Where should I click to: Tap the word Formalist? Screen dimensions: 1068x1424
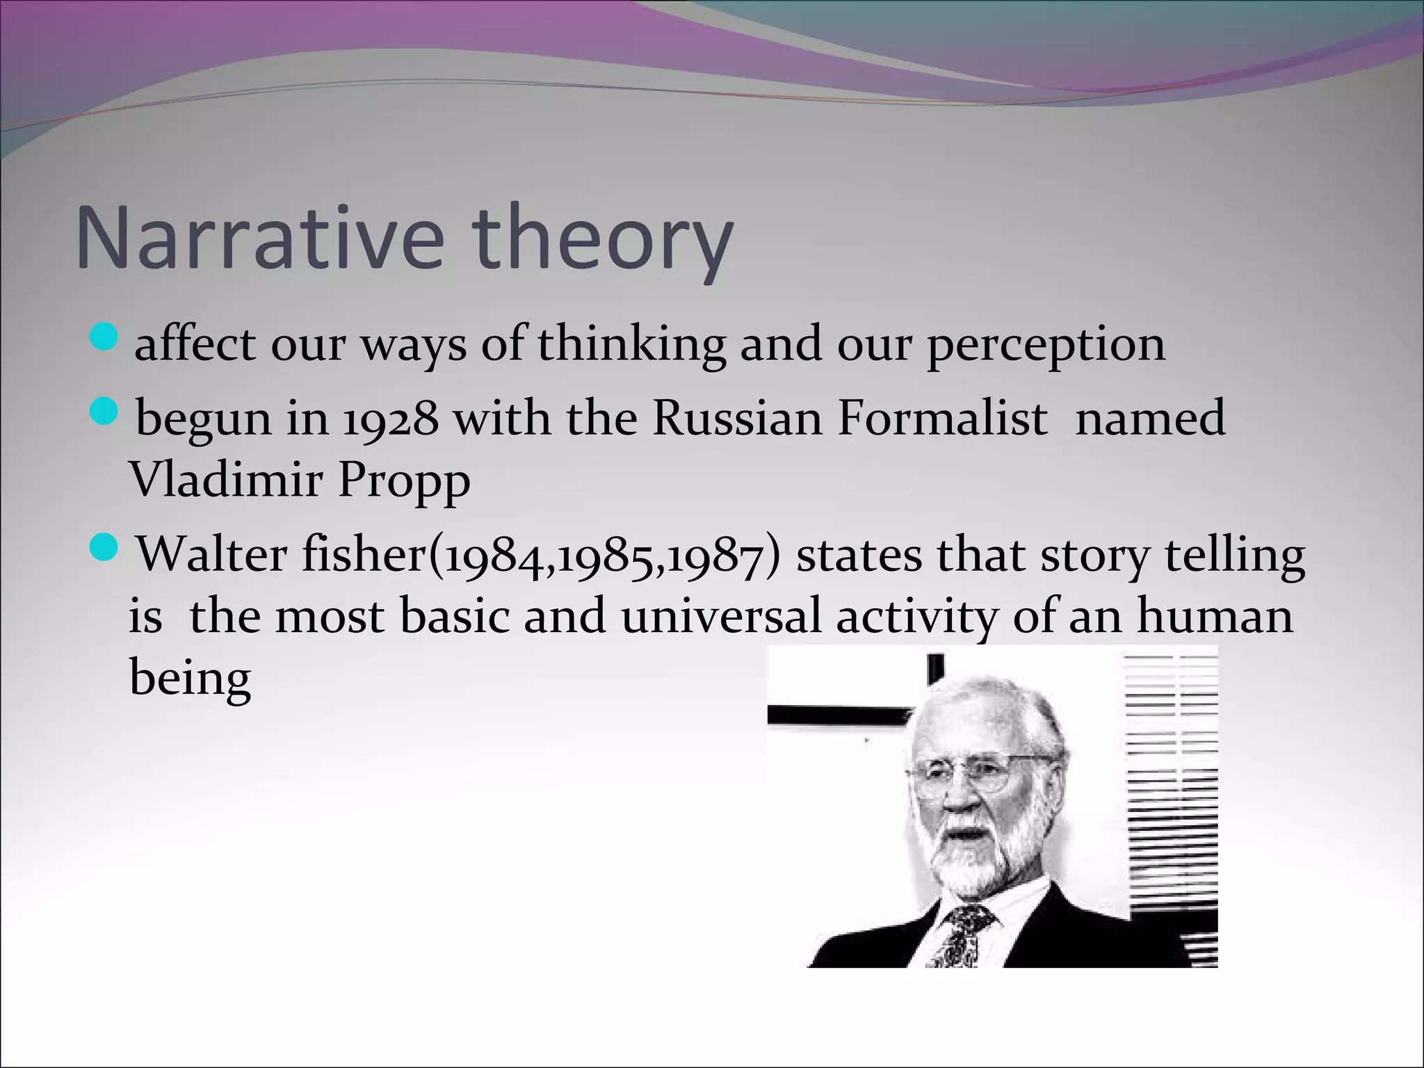pyautogui.click(x=942, y=419)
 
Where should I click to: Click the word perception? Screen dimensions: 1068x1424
pyautogui.click(x=1046, y=346)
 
